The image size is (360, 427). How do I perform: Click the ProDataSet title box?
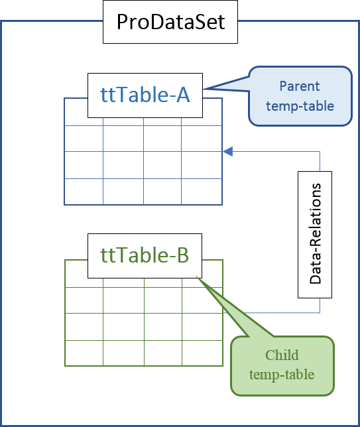pyautogui.click(x=170, y=22)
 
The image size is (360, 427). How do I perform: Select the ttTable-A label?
pyautogui.click(x=145, y=95)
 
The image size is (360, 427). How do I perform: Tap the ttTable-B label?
pyautogui.click(x=145, y=255)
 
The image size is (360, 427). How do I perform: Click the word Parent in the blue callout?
pyautogui.click(x=300, y=86)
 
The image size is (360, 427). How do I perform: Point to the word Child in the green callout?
pyautogui.click(x=282, y=355)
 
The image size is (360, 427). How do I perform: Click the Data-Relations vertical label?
pyautogui.click(x=316, y=234)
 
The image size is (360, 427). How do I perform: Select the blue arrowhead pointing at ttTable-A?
pyautogui.click(x=228, y=151)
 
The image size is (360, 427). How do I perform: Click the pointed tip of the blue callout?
pyautogui.click(x=203, y=89)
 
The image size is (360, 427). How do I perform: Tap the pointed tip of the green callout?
pyautogui.click(x=197, y=277)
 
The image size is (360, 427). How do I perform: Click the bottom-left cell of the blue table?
pyautogui.click(x=84, y=192)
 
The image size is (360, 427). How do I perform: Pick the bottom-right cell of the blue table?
pyautogui.click(x=202, y=192)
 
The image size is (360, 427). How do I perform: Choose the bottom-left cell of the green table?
pyautogui.click(x=84, y=353)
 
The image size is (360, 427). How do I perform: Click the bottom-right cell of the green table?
pyautogui.click(x=202, y=353)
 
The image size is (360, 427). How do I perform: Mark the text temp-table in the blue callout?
pyautogui.click(x=300, y=106)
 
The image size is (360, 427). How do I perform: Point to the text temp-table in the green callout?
pyautogui.click(x=282, y=375)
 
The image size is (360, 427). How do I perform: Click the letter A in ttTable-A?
pyautogui.click(x=183, y=95)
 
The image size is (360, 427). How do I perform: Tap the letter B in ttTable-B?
pyautogui.click(x=183, y=255)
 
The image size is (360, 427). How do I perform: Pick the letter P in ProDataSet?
pyautogui.click(x=123, y=22)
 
